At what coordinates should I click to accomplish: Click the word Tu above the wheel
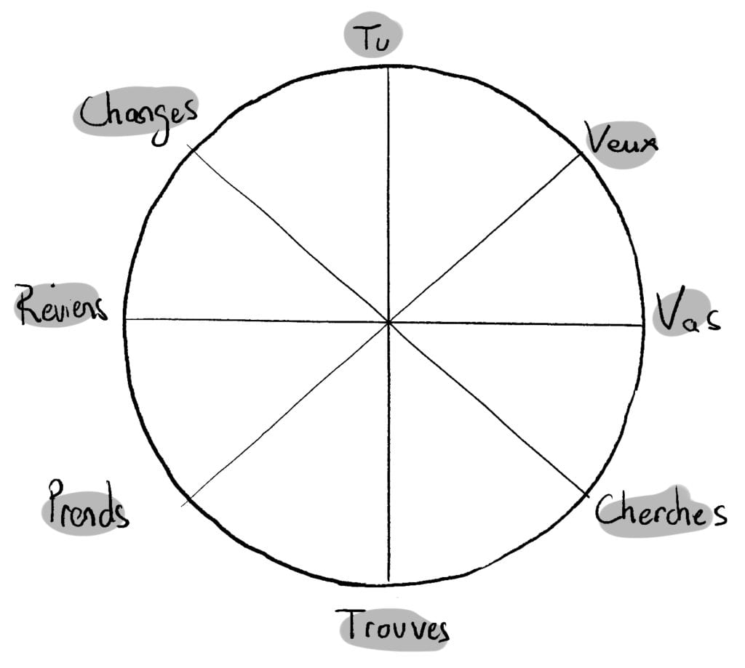click(372, 38)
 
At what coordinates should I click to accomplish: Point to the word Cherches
click(661, 511)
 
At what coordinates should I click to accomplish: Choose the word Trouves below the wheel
click(392, 626)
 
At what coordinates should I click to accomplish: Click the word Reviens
click(61, 305)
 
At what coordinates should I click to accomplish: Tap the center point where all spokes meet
click(389, 322)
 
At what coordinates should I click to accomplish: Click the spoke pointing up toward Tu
click(389, 195)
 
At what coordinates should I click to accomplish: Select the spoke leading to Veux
click(485, 238)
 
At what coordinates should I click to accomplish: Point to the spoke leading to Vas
click(516, 324)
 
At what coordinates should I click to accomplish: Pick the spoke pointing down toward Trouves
click(389, 452)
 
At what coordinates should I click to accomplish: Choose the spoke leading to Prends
click(285, 414)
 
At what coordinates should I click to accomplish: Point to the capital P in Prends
click(57, 502)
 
